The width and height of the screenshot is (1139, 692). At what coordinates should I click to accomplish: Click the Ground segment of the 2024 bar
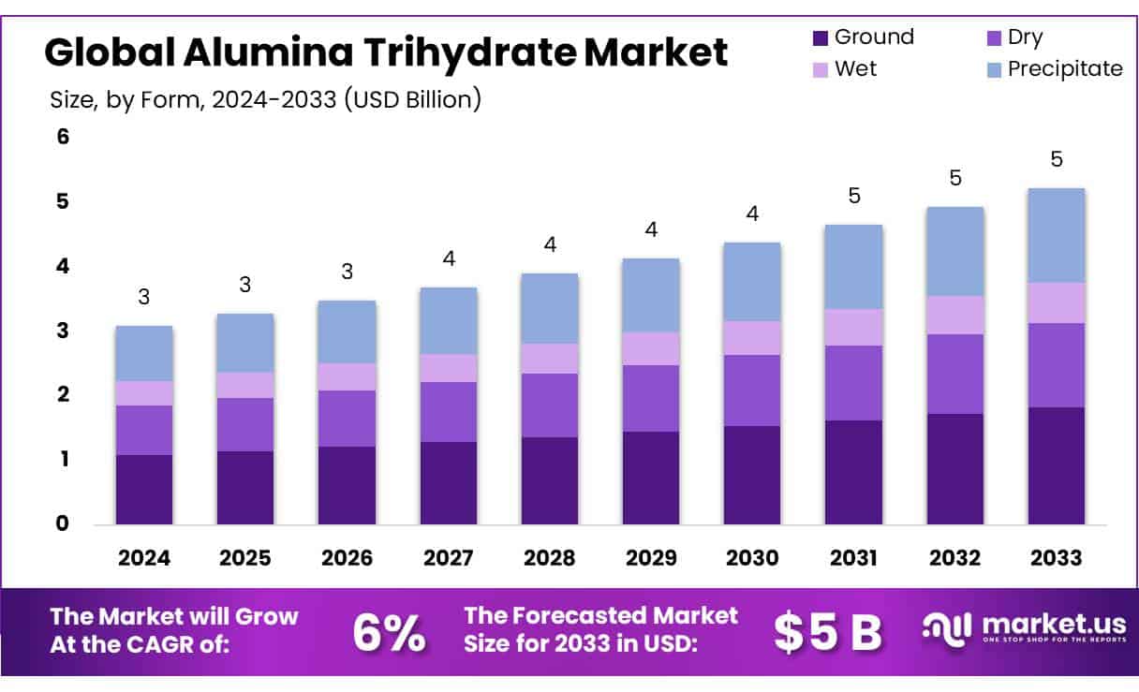coord(143,489)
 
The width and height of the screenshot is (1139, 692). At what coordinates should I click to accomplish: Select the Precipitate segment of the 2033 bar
coord(1056,235)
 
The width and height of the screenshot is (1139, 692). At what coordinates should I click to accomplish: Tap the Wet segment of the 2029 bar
coord(651,348)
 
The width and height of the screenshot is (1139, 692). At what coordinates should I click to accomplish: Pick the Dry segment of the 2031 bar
coord(853,383)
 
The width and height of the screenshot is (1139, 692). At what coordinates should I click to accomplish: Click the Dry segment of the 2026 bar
coord(347,419)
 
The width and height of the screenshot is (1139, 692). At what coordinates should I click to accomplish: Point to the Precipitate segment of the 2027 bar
coord(448,320)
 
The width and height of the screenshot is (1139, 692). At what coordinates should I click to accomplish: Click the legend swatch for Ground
coord(820,38)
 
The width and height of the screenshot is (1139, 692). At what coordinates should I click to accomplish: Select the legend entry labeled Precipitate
coord(1064,68)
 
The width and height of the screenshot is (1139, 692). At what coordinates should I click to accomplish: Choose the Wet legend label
coord(855,68)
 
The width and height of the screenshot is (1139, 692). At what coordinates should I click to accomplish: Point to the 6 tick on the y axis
coord(63,137)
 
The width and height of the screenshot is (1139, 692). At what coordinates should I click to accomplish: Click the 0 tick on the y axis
coord(63,523)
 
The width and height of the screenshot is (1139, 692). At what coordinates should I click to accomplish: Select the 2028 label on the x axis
coord(549,558)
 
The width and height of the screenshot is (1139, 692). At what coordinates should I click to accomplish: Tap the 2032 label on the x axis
coord(954,558)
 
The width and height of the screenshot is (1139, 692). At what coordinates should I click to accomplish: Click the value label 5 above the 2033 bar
coord(1056,159)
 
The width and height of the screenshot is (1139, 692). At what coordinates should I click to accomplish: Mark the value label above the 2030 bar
coord(752,213)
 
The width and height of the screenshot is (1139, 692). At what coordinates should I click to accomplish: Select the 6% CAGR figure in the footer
coord(389,633)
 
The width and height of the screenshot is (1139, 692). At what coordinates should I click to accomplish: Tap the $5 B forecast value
coord(828,633)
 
